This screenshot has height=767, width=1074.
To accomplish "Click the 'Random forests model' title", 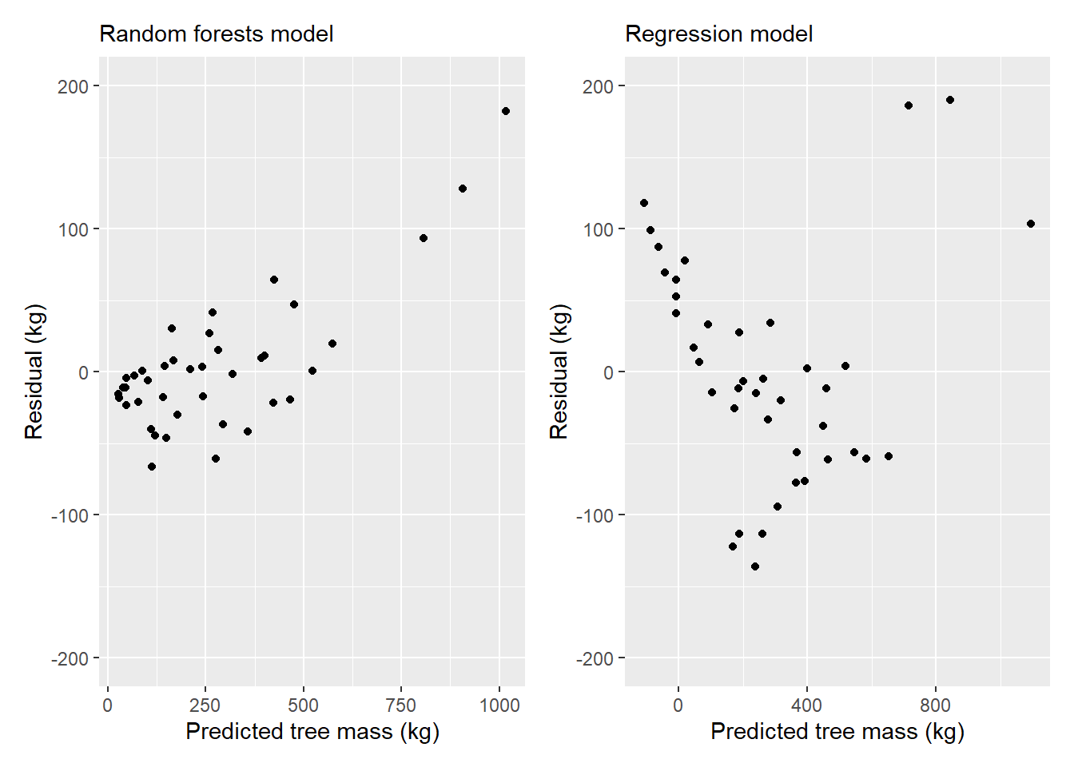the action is tap(217, 34).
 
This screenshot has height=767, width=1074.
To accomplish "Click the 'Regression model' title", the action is tap(718, 34).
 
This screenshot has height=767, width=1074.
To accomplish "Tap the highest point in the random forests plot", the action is tap(505, 111).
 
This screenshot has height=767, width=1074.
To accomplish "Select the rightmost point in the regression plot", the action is tap(1030, 224).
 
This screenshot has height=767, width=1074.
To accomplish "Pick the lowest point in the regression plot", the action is tap(754, 566).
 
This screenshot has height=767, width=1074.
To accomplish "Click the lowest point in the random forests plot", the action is tap(152, 467).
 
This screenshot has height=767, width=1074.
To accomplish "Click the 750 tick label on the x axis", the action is tap(401, 705).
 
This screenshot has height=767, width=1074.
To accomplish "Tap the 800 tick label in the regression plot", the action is tap(936, 705).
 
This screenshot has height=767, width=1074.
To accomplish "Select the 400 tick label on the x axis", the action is tap(807, 705).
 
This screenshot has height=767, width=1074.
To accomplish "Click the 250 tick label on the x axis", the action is tap(205, 705).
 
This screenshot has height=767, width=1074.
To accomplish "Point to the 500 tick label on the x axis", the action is tap(304, 705).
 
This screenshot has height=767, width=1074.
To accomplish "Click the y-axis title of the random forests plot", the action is tap(34, 372).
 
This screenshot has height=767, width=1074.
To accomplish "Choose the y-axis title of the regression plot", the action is tap(559, 372).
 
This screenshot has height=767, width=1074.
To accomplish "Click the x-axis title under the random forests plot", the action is tap(312, 732).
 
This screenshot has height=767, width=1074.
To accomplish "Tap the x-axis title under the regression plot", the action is tap(837, 732).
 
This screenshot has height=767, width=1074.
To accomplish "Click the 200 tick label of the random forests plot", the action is tap(74, 87).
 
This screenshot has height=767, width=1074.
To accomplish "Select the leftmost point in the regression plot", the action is tap(644, 203).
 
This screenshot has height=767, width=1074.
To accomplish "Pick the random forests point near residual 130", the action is tap(463, 189).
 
